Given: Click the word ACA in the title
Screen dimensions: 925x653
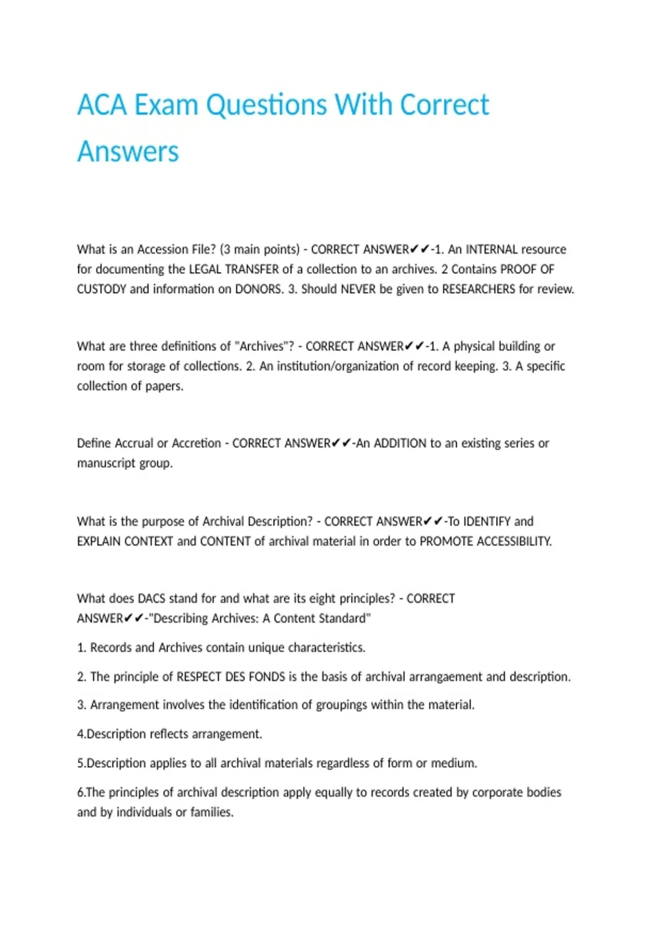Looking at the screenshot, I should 102,104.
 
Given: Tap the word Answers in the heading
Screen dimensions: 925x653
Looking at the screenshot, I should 128,151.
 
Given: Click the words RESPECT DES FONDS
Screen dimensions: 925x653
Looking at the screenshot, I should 231,677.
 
